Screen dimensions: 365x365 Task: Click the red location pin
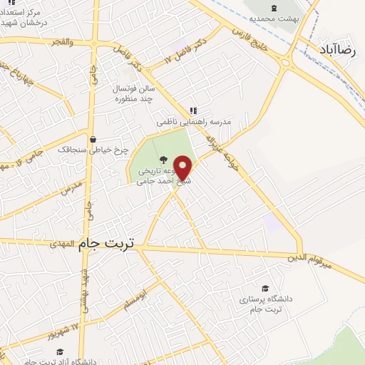(184, 168)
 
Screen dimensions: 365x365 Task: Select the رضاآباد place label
(338, 52)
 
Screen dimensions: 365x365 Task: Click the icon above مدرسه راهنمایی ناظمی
(192, 110)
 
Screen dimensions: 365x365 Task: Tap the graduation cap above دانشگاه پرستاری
(265, 289)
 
